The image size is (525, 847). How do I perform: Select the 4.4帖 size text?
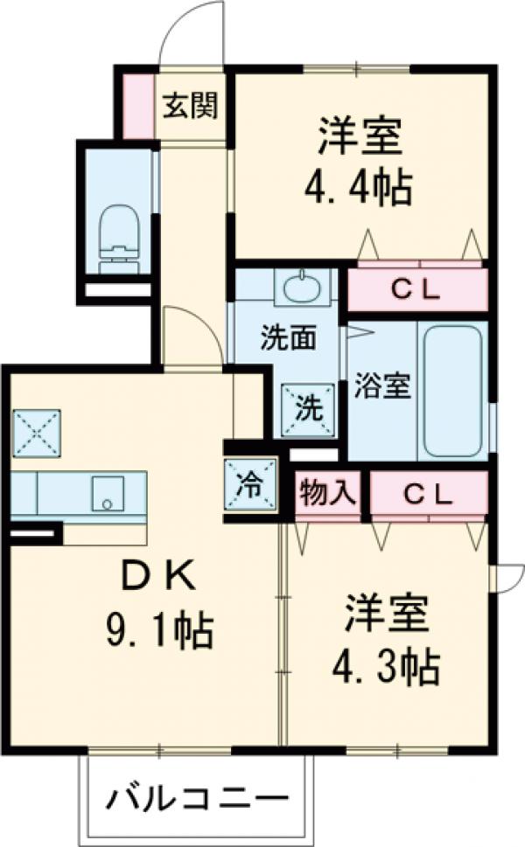tap(358, 184)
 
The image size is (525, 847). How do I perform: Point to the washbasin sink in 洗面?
tap(303, 286)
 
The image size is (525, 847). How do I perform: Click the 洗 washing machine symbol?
tap(307, 407)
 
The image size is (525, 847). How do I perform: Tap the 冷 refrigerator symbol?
tap(250, 484)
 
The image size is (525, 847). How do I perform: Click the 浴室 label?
tap(382, 387)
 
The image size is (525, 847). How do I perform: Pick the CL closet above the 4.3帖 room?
tap(428, 495)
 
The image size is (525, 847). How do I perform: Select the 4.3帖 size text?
tap(385, 669)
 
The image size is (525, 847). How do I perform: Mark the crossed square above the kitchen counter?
tap(37, 434)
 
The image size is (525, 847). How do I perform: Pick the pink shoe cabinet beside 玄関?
tap(137, 107)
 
